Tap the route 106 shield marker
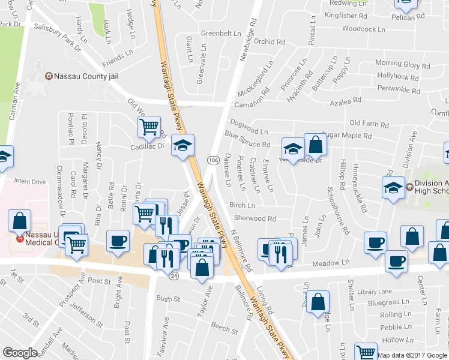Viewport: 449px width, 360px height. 213,160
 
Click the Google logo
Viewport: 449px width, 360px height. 20,353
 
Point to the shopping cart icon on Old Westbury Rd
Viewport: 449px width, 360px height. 148,127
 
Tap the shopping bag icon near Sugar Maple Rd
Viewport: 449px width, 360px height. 315,145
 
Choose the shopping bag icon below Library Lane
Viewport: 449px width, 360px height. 318,302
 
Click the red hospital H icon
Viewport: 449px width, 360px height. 20,238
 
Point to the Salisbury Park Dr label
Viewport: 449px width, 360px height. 58,35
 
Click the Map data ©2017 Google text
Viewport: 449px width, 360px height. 412,355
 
